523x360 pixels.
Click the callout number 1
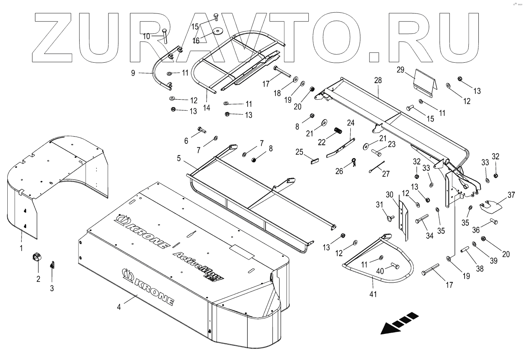(x=21, y=248)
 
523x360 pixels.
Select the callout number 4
(x=119, y=307)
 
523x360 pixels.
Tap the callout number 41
(x=373, y=294)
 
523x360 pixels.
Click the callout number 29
(x=400, y=70)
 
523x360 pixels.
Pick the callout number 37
(x=511, y=195)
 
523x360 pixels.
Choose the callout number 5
(x=178, y=158)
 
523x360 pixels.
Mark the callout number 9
(x=133, y=72)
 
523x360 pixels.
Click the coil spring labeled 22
(x=337, y=131)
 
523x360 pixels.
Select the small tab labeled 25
(x=314, y=160)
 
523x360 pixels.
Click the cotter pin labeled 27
(x=377, y=167)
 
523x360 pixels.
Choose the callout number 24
(x=351, y=123)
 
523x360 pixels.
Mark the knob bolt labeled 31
(x=390, y=219)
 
